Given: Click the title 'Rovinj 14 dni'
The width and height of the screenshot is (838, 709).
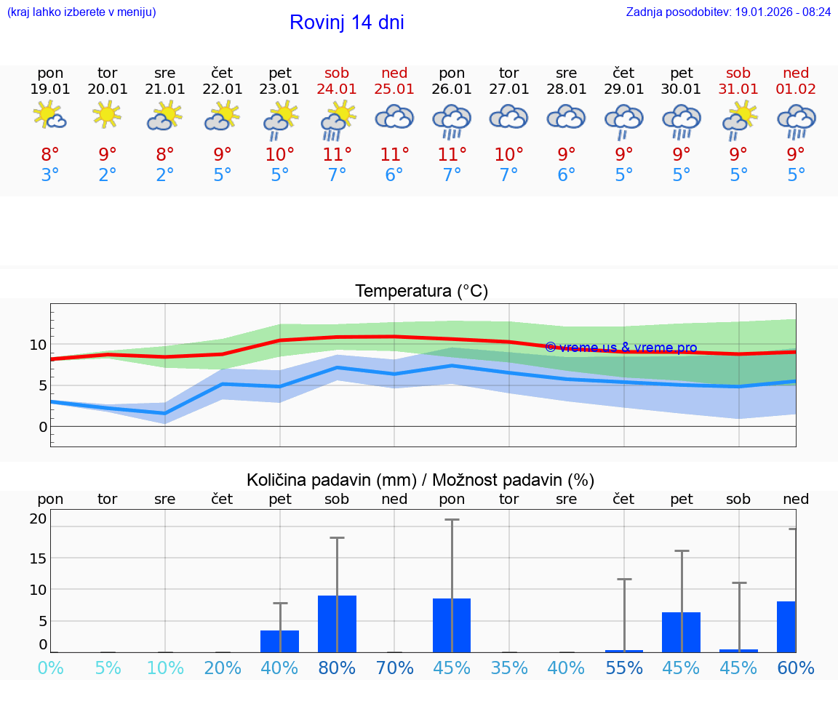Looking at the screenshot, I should coord(346,23).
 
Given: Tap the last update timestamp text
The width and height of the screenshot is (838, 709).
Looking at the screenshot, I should coord(728,12).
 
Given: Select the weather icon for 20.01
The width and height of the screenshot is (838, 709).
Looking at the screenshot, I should coord(108,116).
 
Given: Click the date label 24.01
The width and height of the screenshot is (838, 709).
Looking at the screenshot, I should coord(337,89).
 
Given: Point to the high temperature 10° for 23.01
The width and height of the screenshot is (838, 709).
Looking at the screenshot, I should coord(280,155).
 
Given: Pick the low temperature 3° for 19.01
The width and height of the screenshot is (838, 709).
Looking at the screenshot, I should coord(50,175).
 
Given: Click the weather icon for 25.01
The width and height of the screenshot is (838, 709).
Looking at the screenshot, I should coord(394,117).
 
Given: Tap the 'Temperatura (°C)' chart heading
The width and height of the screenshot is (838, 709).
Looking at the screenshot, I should coord(421,292).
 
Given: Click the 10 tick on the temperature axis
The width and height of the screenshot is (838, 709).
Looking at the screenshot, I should coord(38,345).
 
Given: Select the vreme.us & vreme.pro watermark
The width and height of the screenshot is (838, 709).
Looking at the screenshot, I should coord(620,348).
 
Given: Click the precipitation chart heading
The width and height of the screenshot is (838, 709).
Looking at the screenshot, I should coord(420,480).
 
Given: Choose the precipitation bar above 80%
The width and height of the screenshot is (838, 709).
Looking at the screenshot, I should coord(337,624).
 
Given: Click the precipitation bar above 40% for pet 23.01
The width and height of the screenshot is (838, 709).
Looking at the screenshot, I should coord(280,641).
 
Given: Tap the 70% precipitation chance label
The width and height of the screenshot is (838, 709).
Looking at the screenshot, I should coord(394,668).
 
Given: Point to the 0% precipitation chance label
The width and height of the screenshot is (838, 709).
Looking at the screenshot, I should coord(50,668).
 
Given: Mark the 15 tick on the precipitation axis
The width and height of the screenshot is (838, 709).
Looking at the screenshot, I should coord(38,558).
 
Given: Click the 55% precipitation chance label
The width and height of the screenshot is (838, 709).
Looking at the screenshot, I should coord(623,668).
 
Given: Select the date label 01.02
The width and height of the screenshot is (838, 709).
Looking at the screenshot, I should coord(796,89).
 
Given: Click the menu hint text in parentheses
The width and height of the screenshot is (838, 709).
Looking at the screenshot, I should coord(81,12).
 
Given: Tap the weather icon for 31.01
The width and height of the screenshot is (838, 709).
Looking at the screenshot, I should coord(738,120).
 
